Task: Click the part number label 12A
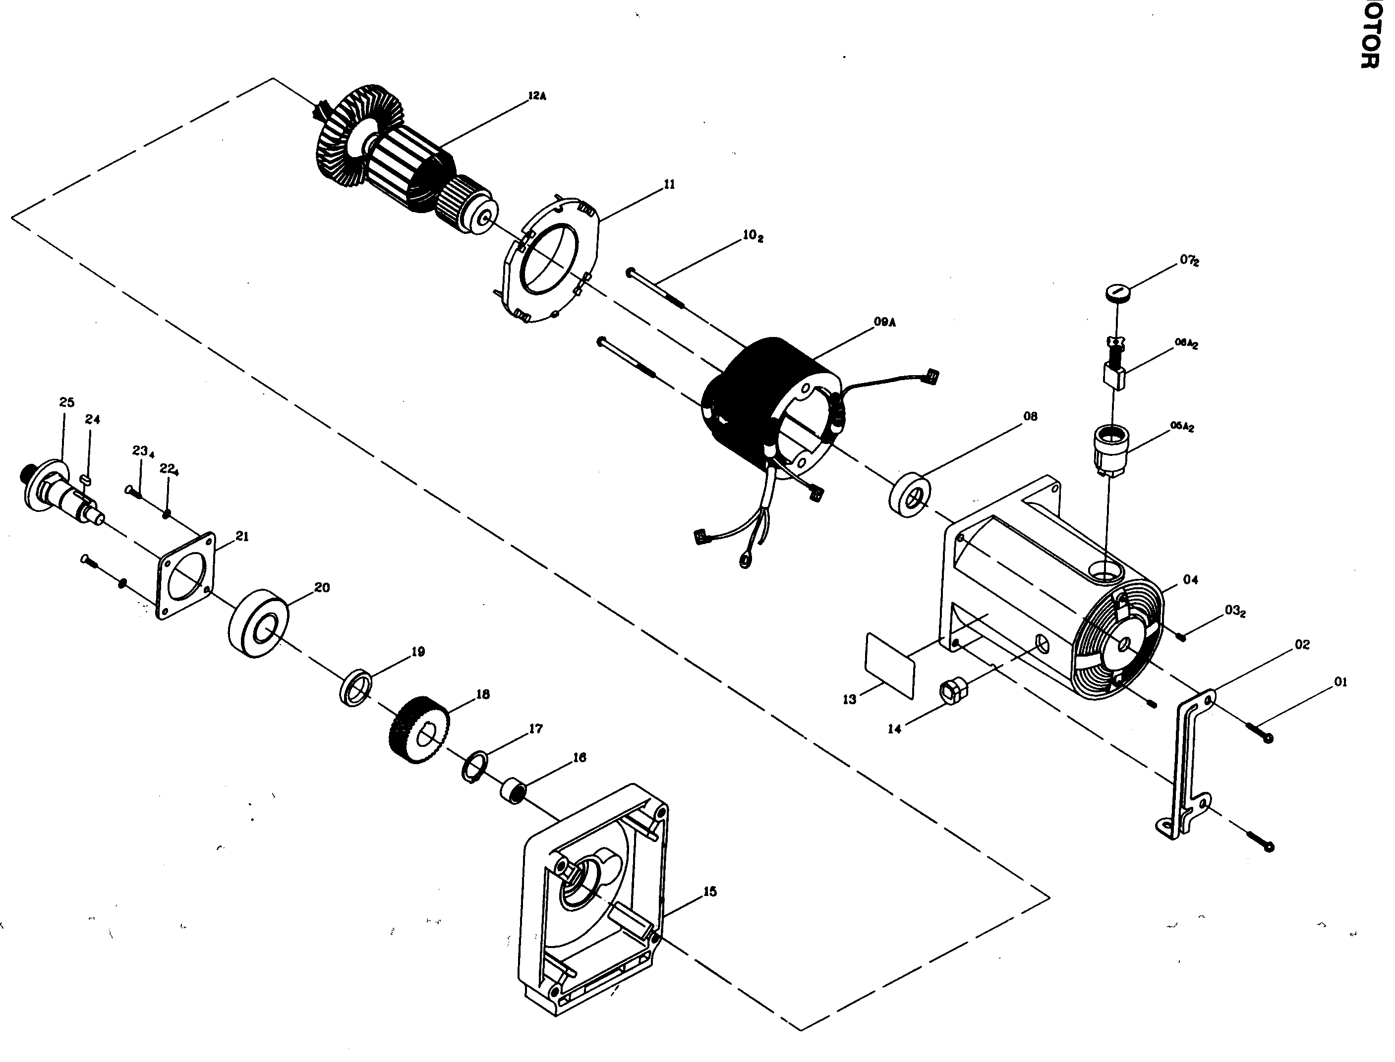pos(537,96)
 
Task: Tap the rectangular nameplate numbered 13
pos(890,666)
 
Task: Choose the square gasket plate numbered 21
pos(186,576)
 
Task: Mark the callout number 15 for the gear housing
pos(709,892)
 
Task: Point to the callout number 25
pos(66,402)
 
